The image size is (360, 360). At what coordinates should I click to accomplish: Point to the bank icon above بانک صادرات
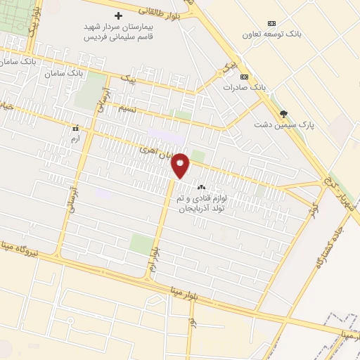[244, 76]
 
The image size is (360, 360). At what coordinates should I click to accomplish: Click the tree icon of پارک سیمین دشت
[283, 113]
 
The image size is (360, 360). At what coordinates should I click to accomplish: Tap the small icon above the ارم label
[75, 129]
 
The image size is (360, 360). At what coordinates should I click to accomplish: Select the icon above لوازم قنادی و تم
[202, 187]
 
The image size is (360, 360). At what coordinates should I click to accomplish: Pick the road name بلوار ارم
[154, 261]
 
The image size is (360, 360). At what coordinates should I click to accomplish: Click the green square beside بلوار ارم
[141, 244]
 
